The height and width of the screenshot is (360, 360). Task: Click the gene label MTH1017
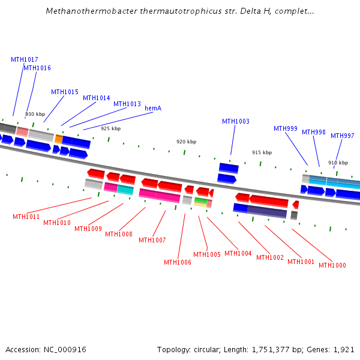click(x=25, y=60)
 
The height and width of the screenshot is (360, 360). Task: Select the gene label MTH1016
click(x=37, y=68)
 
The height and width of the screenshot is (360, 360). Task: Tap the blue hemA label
click(x=153, y=108)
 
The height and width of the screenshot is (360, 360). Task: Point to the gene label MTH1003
click(x=236, y=122)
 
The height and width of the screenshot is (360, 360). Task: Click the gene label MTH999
click(x=286, y=129)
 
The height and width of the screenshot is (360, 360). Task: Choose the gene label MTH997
click(x=343, y=136)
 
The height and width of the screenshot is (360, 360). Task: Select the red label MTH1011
click(x=26, y=217)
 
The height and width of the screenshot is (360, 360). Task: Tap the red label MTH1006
click(x=178, y=262)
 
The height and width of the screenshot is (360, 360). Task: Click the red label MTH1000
click(x=332, y=266)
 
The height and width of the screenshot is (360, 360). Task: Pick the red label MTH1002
click(x=270, y=258)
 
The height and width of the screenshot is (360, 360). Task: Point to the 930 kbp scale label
click(x=35, y=114)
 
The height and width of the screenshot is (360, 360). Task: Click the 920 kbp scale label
click(x=186, y=142)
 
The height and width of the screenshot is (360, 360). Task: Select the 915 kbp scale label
click(x=262, y=153)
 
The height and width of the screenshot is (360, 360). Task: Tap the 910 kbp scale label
click(x=338, y=163)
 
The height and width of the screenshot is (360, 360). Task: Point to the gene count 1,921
click(x=344, y=349)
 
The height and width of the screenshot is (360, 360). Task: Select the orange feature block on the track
click(x=59, y=139)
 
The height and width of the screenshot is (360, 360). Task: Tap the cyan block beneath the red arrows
click(x=125, y=190)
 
